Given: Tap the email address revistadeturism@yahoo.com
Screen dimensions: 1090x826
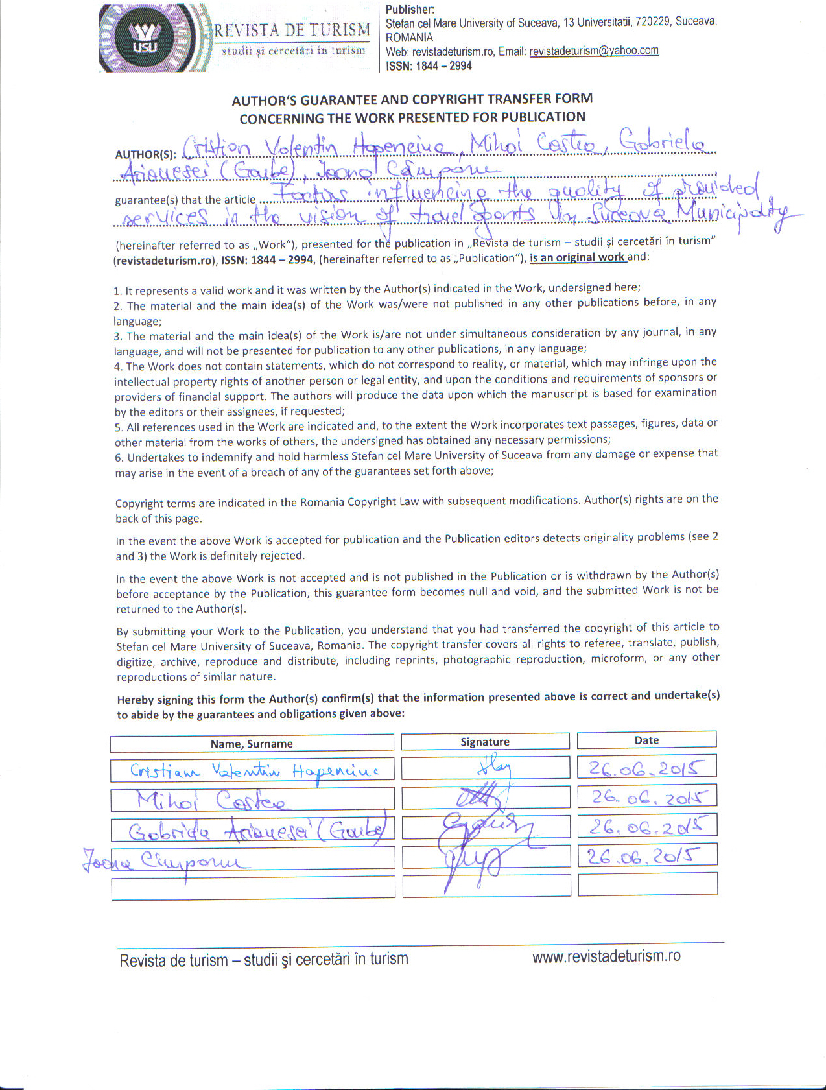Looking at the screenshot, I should [594, 51].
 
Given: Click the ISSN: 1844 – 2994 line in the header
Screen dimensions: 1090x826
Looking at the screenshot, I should [429, 66].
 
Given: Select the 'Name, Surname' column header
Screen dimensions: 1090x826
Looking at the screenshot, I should [252, 744].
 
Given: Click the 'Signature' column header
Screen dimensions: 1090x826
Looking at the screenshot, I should [485, 742].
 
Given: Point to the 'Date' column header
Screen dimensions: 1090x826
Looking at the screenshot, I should [646, 740].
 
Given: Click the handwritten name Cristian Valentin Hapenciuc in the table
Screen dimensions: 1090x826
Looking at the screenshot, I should [254, 770].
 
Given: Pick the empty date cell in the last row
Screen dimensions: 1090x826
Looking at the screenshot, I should [648, 884].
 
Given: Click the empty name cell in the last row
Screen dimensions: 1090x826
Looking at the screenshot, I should [253, 888].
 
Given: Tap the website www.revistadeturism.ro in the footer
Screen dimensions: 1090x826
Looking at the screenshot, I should [606, 956].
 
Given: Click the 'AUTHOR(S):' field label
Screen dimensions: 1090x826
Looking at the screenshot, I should [145, 154].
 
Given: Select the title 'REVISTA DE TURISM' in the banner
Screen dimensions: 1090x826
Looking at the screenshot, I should [292, 30].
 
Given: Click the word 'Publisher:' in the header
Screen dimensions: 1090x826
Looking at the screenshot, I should [410, 10].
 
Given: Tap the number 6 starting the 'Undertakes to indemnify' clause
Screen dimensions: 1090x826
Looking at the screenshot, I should [119, 458].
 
